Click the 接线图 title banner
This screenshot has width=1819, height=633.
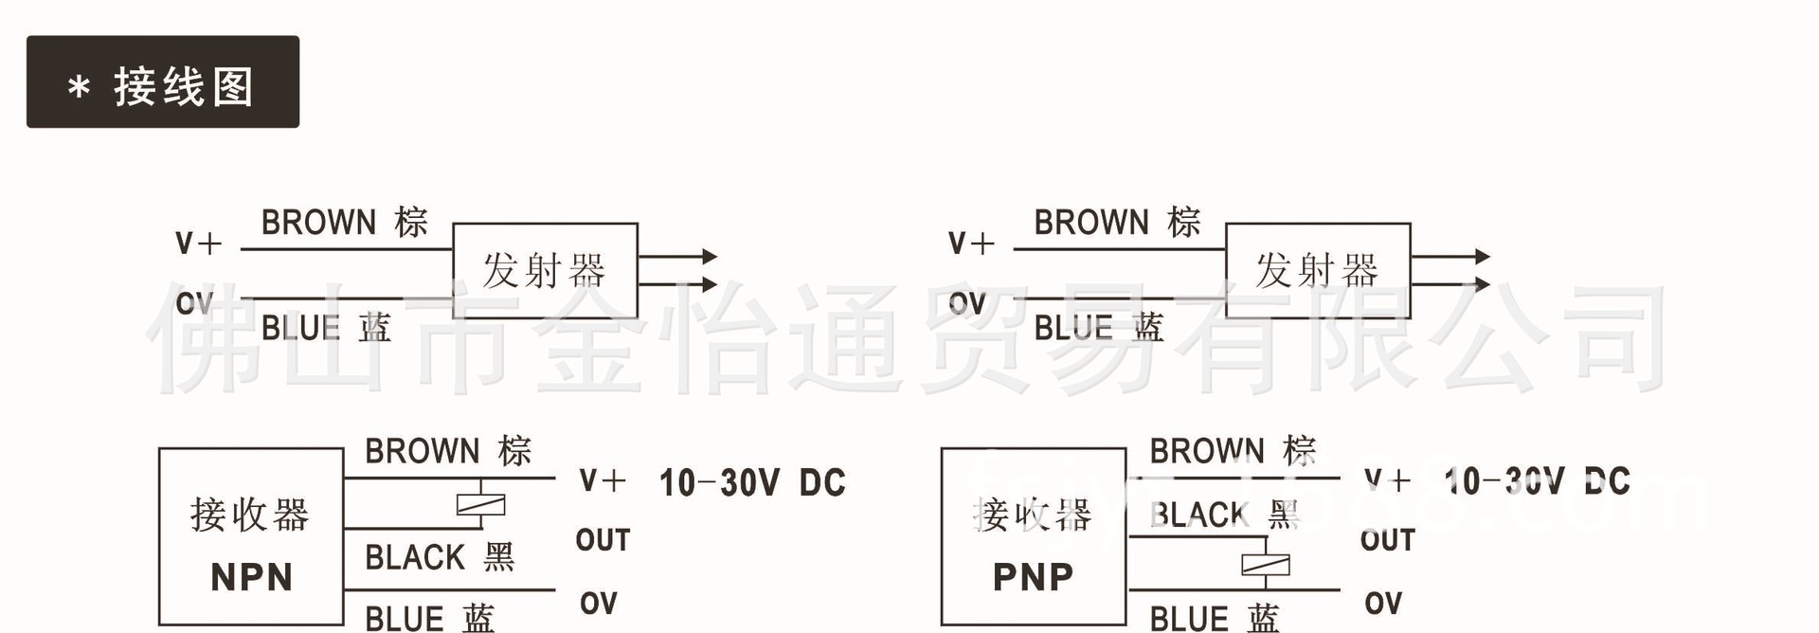pyautogui.click(x=163, y=82)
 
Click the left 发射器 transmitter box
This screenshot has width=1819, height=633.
pyautogui.click(x=545, y=271)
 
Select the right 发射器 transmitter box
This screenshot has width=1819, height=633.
pyautogui.click(x=1318, y=271)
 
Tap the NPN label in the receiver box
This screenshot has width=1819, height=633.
pyautogui.click(x=251, y=577)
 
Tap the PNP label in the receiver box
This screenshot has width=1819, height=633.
pyautogui.click(x=1034, y=577)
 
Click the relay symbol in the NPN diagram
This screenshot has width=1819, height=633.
pyautogui.click(x=480, y=505)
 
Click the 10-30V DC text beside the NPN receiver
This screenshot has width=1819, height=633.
pyautogui.click(x=752, y=483)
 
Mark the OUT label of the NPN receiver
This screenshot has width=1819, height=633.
pyautogui.click(x=603, y=540)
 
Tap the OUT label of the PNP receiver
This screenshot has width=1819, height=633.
pyautogui.click(x=1387, y=540)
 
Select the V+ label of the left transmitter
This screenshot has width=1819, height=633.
pyautogui.click(x=198, y=244)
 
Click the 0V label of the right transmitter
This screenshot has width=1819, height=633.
pyautogui.click(x=967, y=304)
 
